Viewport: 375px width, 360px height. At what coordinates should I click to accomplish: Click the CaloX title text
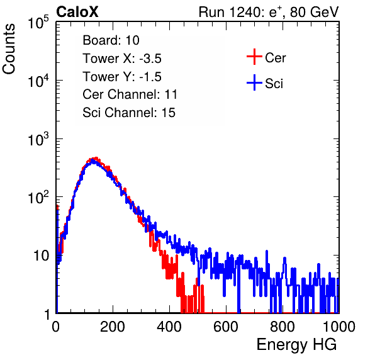(77, 12)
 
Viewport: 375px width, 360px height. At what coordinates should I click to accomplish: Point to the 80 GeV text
(314, 12)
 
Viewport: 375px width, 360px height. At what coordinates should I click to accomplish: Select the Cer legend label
(275, 58)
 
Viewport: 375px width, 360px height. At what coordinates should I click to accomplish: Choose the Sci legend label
(274, 84)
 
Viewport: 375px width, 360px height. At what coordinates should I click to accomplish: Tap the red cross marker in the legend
(254, 57)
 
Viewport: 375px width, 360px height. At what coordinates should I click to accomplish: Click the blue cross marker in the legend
(254, 82)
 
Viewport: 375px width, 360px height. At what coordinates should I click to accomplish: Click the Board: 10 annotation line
(111, 40)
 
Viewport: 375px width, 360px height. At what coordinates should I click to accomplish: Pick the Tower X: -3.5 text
(122, 59)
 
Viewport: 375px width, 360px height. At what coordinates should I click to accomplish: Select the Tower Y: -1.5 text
(122, 77)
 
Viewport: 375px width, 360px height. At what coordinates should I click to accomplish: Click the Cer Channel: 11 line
(130, 94)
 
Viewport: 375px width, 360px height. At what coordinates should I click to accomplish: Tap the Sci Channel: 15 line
(129, 113)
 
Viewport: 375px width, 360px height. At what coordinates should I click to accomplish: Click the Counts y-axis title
(9, 49)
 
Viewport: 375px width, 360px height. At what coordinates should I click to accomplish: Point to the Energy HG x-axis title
(296, 345)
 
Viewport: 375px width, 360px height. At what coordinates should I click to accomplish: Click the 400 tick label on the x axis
(169, 326)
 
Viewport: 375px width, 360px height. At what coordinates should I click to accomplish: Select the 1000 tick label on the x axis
(339, 326)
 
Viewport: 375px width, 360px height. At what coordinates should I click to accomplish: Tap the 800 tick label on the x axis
(283, 326)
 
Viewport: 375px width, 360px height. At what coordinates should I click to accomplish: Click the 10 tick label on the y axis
(41, 256)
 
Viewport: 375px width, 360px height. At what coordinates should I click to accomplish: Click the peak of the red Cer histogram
(96, 158)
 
